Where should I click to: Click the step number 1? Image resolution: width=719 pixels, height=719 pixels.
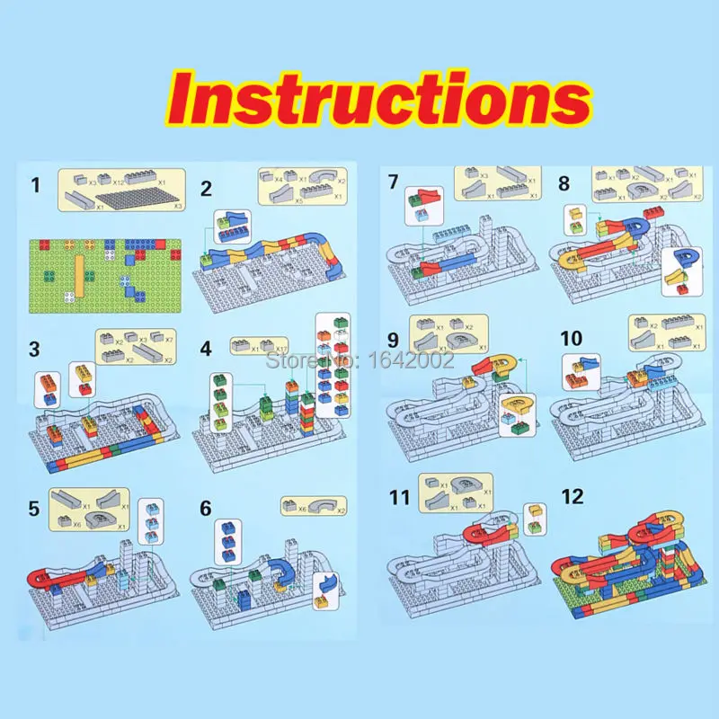[x=36, y=186]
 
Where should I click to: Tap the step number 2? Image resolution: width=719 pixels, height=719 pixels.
[x=207, y=189]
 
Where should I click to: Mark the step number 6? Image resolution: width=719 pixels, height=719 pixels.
[x=207, y=509]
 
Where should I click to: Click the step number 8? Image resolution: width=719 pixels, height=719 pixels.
[x=564, y=183]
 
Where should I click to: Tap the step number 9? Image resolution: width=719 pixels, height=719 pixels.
[x=393, y=341]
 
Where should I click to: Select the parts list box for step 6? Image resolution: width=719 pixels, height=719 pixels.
[x=314, y=507]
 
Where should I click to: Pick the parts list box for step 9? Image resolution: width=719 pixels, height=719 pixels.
[x=448, y=334]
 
